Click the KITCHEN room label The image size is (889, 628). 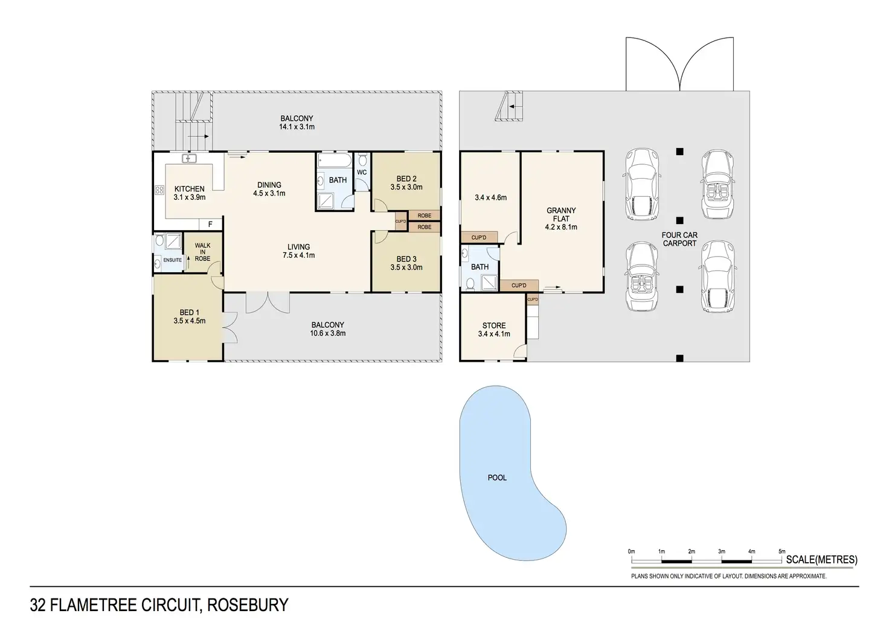pyautogui.click(x=189, y=188)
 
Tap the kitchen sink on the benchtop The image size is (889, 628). pyautogui.click(x=190, y=159)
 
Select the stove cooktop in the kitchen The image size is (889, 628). pyautogui.click(x=159, y=190)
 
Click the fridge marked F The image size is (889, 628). pyautogui.click(x=210, y=225)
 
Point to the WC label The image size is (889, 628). pyautogui.click(x=362, y=173)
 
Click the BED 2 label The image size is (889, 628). pyautogui.click(x=406, y=179)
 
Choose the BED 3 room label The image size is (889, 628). pyautogui.click(x=406, y=259)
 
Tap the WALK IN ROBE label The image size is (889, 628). pyautogui.click(x=202, y=252)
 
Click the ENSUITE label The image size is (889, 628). pyautogui.click(x=173, y=260)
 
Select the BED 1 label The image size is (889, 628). pyautogui.click(x=189, y=313)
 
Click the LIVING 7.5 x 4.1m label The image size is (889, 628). pyautogui.click(x=298, y=251)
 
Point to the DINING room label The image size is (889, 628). pyautogui.click(x=269, y=185)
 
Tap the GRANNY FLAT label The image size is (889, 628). pyautogui.click(x=561, y=214)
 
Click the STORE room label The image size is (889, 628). pyautogui.click(x=494, y=325)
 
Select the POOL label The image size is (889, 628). pyautogui.click(x=497, y=478)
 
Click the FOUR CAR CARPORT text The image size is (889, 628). pyautogui.click(x=679, y=239)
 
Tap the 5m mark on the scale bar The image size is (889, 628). pyautogui.click(x=781, y=552)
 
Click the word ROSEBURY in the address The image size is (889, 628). pyautogui.click(x=248, y=605)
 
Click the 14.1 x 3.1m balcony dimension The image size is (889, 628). pyautogui.click(x=297, y=127)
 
